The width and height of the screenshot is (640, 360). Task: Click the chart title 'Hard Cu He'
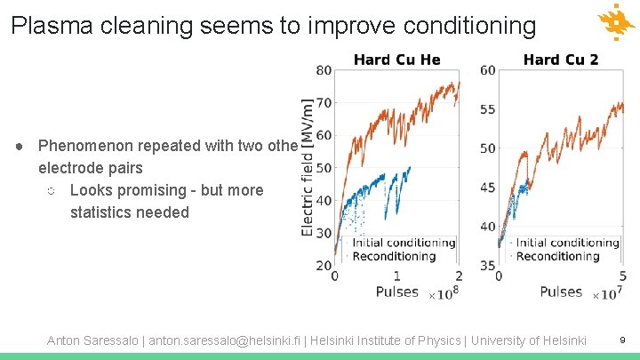pos(396,60)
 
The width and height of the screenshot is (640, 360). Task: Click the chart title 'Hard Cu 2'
pos(560,60)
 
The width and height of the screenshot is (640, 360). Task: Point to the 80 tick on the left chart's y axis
pos(324,71)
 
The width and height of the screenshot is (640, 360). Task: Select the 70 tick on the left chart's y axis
pos(324,103)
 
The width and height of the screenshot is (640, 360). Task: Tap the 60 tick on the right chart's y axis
pos(488,71)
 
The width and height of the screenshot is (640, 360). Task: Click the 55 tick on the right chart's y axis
pos(488,109)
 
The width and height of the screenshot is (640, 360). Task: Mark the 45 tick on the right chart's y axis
pos(488,188)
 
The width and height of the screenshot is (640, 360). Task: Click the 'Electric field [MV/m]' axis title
pos(308,166)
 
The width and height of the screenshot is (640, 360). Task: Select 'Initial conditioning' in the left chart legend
pos(404,243)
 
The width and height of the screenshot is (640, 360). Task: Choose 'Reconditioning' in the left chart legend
pos(394,256)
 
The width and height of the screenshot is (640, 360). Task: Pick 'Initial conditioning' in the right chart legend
pos(567,243)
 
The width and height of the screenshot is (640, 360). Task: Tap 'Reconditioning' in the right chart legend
pos(557,256)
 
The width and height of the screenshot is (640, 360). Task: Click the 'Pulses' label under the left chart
pos(396,292)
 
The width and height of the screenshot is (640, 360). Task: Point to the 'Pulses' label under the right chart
pos(561,292)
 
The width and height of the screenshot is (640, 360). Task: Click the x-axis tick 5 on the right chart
pos(622,276)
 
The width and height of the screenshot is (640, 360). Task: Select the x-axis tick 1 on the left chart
pos(396,276)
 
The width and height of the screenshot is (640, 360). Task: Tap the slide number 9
pos(622,340)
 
